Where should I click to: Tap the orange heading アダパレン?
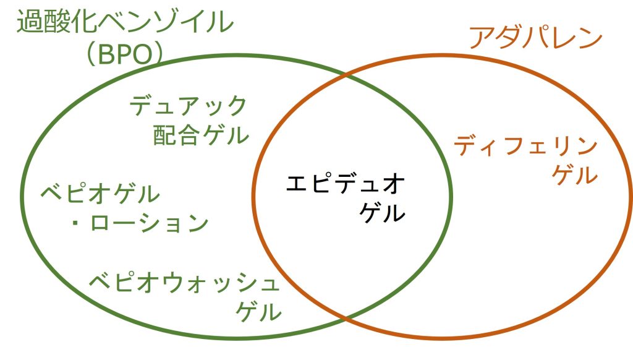click(535, 38)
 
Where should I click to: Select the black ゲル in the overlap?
click(383, 213)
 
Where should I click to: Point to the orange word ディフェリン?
click(525, 147)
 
